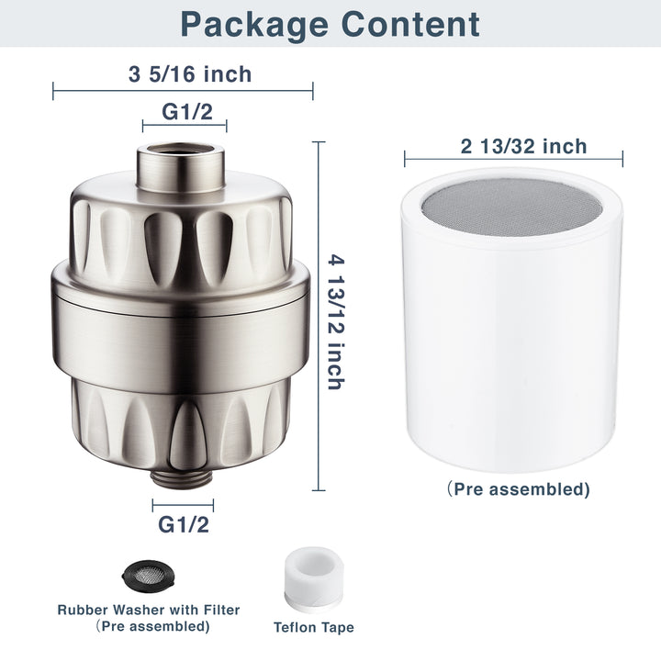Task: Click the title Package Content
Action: coord(330,25)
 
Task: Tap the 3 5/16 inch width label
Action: coord(183,74)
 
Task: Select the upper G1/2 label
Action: coord(185,111)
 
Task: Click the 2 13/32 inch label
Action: coord(513,146)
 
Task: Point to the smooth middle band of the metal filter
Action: coord(183,316)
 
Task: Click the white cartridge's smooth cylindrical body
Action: coord(513,349)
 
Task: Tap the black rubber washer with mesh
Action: coord(148,576)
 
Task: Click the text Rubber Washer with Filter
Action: coord(149,610)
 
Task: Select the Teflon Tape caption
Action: coord(313,628)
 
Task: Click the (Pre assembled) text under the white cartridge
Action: coord(519,489)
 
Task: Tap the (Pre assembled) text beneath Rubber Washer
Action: coord(149,626)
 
